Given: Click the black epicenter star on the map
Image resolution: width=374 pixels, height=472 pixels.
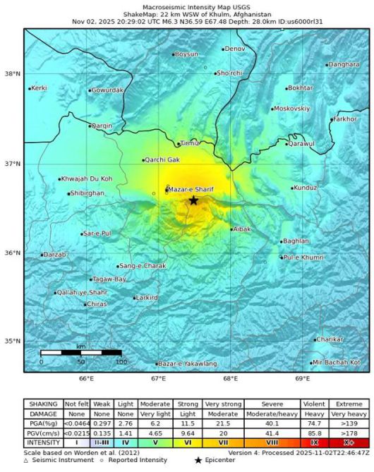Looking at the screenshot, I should point(193,200).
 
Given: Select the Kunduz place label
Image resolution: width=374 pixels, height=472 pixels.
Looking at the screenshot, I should point(306,188).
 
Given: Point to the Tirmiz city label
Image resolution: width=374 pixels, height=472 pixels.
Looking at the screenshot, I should point(191,143).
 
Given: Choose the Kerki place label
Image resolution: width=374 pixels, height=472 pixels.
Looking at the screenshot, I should point(40,88).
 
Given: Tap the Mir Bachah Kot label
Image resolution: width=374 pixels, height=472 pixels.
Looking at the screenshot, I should point(341,362).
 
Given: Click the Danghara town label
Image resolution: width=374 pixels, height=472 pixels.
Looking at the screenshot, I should point(344,64).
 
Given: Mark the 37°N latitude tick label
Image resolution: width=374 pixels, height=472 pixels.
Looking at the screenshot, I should point(13,164).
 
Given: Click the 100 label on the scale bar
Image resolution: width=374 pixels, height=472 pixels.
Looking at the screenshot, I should point(121,361).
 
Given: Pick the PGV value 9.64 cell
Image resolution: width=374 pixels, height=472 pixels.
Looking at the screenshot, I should point(188,432).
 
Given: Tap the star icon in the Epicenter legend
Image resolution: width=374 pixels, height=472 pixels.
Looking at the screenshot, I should point(199,460).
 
